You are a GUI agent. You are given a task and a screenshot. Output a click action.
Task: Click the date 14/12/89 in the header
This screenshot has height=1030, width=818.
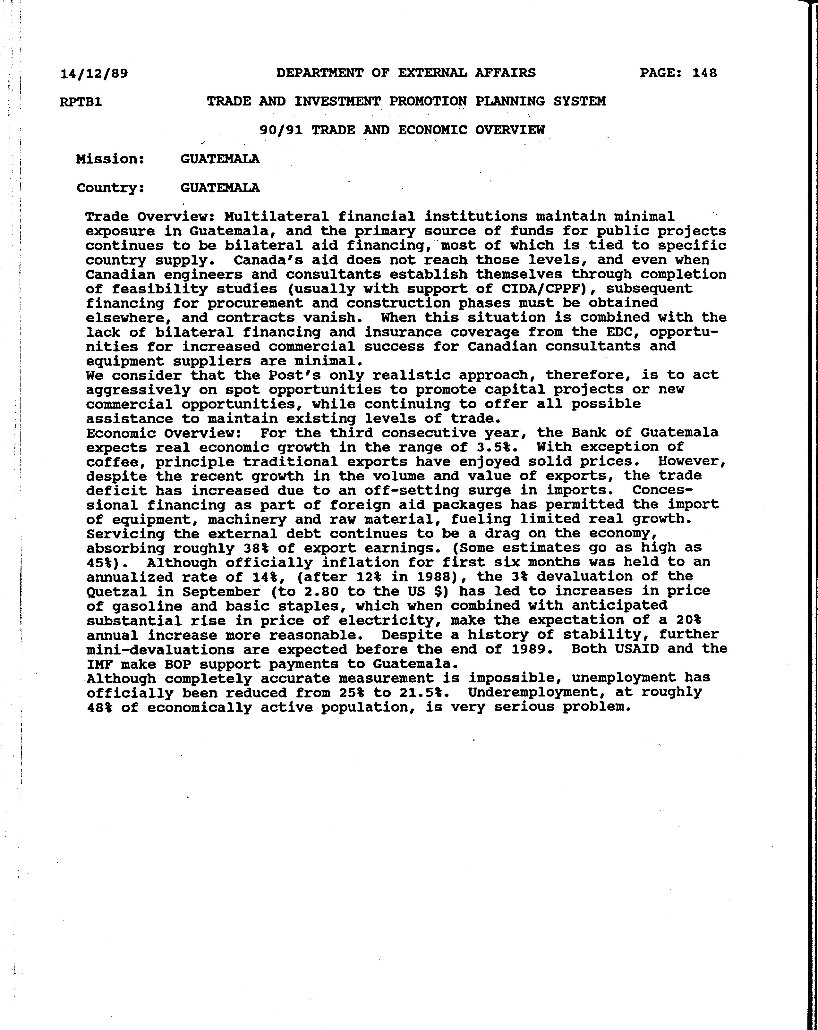tap(94, 73)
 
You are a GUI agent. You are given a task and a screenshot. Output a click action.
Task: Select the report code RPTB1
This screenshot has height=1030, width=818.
tap(81, 102)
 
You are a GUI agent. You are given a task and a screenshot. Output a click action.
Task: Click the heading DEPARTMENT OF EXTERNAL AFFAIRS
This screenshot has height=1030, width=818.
tap(406, 72)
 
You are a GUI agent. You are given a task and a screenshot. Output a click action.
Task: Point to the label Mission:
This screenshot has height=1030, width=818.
tap(110, 159)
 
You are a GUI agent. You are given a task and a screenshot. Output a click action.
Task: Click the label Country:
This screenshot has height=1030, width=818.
tap(110, 188)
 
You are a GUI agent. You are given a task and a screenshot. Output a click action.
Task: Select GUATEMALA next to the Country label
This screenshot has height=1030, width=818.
tap(220, 188)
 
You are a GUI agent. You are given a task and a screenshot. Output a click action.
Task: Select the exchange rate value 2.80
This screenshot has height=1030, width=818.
tap(321, 591)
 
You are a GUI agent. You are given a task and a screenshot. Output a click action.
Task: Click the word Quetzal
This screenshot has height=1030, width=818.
tap(116, 591)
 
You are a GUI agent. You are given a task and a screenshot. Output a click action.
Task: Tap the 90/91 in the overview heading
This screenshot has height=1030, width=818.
tap(281, 130)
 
